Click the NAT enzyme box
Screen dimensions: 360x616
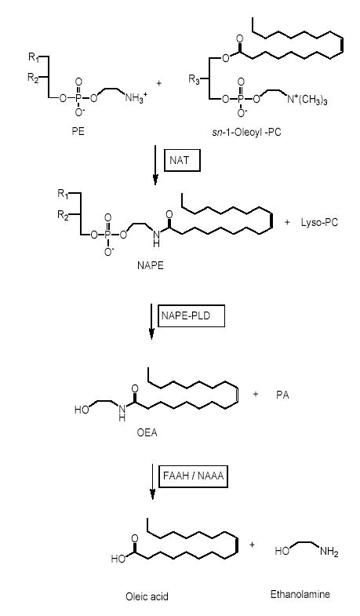point(182,160)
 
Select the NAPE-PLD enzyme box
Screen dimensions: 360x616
point(191,315)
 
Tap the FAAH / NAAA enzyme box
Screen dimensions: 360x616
point(194,476)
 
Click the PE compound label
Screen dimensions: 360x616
point(78,131)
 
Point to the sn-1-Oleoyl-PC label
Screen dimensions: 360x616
point(246,132)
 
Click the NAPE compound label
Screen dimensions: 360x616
point(150,265)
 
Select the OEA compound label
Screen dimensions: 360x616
point(147,433)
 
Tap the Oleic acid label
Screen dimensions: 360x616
point(147,596)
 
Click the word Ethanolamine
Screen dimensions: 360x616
point(300,594)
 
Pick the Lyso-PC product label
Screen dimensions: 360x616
point(319,222)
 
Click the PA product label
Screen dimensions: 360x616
point(282,395)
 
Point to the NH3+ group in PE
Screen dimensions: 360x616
point(136,97)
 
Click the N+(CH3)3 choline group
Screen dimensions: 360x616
point(307,99)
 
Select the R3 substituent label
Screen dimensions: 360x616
point(195,80)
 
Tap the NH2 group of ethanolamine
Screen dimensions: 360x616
point(329,552)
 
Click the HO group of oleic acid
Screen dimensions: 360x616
point(118,558)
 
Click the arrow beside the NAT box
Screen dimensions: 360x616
point(155,165)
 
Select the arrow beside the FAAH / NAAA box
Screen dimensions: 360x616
point(153,482)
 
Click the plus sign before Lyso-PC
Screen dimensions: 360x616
point(287,222)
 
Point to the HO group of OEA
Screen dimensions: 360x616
point(82,410)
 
